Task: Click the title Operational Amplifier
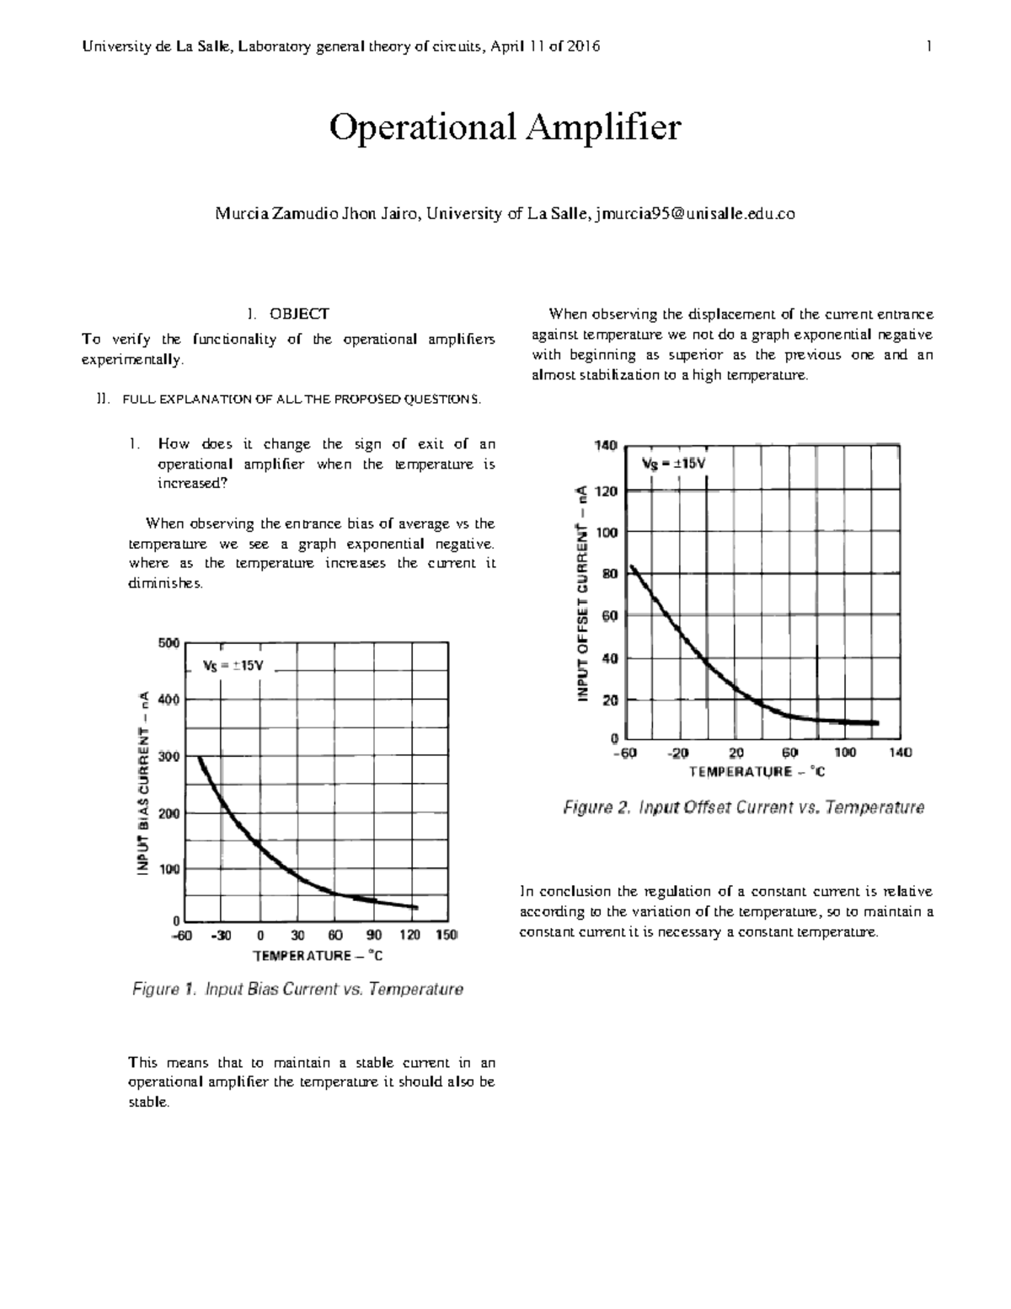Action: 504,128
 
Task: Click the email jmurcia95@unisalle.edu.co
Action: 694,214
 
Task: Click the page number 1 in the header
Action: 928,47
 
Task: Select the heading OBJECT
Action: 298,314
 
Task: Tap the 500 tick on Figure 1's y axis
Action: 168,642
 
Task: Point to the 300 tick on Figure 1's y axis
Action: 168,756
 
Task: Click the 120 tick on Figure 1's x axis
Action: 410,935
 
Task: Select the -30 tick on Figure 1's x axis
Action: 221,935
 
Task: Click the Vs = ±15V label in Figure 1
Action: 233,665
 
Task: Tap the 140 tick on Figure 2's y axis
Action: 607,444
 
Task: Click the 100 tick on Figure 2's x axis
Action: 845,753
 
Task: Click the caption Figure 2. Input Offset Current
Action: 743,807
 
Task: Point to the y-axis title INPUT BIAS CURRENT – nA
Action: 144,782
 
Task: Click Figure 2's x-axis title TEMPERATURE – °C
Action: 757,771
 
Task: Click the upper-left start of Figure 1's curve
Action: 201,758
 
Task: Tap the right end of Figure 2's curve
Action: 877,722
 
